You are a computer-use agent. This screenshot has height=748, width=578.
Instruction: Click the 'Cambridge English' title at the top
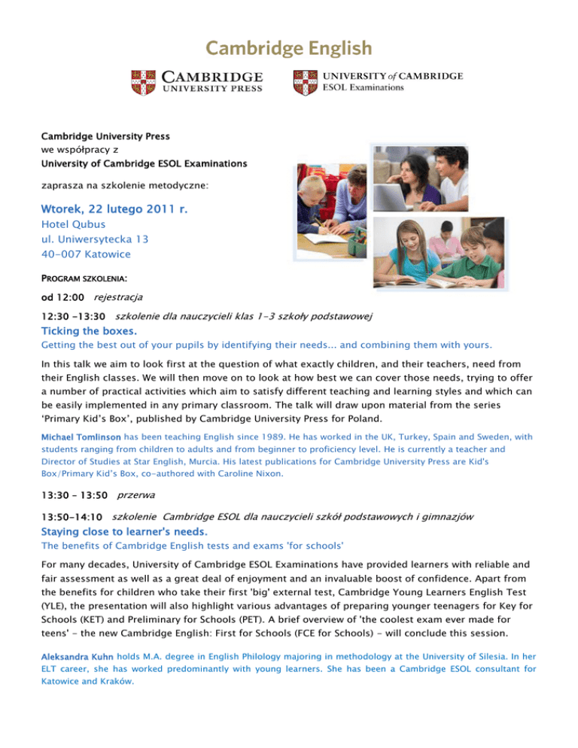pos(289,49)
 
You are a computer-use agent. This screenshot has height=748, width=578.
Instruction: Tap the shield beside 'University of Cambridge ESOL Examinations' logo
pos(305,81)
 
